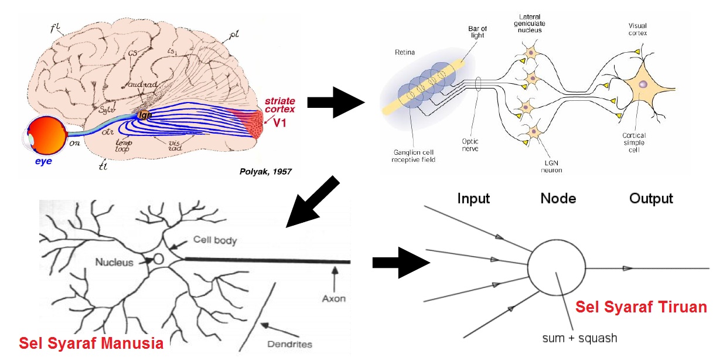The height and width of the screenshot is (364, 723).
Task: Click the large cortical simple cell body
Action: [x=642, y=86]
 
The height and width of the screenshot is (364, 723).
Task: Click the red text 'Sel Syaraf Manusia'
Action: [x=91, y=343]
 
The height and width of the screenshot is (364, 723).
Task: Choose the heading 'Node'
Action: [x=558, y=199]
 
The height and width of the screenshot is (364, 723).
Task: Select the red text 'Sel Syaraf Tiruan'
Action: [x=641, y=307]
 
